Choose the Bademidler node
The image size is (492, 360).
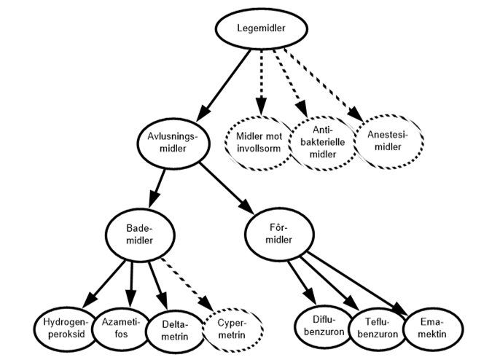coord(141,234)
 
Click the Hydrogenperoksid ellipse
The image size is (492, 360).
coord(66,328)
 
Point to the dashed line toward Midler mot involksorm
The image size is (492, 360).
coord(260,73)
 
